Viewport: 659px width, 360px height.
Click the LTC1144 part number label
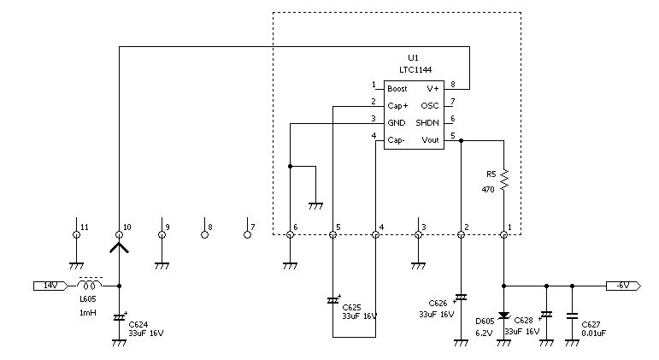point(415,70)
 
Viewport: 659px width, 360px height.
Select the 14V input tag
point(50,286)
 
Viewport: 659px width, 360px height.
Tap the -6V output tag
point(623,286)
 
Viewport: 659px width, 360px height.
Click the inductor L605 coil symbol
point(89,285)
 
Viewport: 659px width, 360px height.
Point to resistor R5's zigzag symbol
point(504,180)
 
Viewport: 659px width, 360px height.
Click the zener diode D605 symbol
point(504,316)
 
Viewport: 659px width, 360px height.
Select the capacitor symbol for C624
point(120,317)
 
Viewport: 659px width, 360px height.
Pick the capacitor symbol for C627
point(572,316)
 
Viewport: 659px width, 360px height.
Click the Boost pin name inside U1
point(397,89)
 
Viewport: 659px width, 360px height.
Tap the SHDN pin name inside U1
point(427,123)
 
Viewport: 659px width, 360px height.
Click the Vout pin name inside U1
point(430,140)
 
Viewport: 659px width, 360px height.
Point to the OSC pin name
point(430,105)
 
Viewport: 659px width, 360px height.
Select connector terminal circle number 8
point(204,234)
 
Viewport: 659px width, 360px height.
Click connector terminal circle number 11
point(76,234)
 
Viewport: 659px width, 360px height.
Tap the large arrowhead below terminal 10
point(120,247)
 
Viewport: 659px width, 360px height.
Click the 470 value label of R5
point(488,190)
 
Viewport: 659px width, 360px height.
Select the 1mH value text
point(88,312)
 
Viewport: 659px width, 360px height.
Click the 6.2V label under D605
point(484,333)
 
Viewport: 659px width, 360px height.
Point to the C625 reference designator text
point(351,308)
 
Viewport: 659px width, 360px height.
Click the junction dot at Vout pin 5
point(461,140)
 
